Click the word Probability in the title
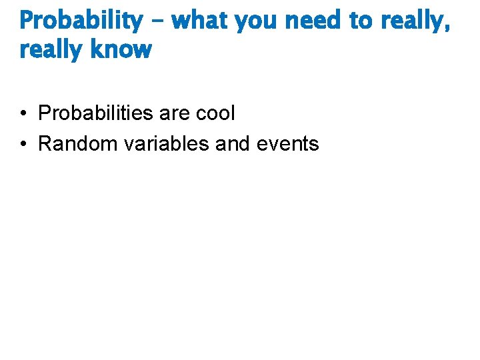(81, 21)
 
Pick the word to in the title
(361, 21)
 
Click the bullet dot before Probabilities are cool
(23, 113)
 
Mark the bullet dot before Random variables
(23, 143)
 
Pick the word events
(289, 144)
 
